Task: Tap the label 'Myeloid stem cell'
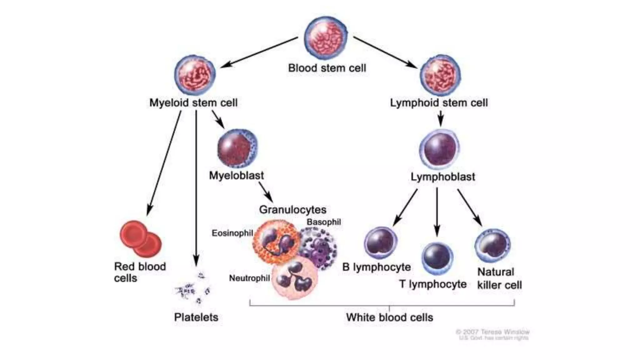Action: click(193, 103)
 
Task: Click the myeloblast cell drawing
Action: click(237, 149)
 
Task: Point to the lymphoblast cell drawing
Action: click(440, 149)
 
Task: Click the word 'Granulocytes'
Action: click(293, 210)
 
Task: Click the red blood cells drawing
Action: click(141, 239)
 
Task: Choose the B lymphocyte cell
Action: click(381, 243)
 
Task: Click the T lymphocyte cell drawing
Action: click(437, 258)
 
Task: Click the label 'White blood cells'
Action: click(389, 317)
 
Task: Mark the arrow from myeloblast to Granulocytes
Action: click(266, 192)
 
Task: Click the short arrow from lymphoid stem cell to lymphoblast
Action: click(441, 119)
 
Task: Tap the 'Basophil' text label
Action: click(323, 222)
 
